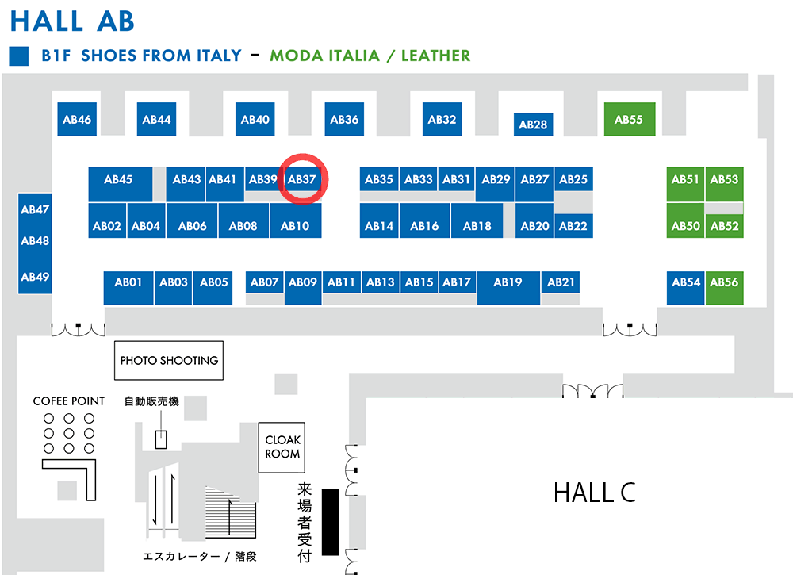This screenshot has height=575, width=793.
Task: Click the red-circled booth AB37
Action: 302,179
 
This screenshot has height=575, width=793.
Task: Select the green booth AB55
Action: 630,119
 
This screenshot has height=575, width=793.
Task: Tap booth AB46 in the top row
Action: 77,119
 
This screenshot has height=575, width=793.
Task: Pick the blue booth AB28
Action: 533,125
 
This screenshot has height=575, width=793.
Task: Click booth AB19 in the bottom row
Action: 508,288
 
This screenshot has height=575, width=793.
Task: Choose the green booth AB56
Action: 724,288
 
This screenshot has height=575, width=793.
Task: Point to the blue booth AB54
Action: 686,288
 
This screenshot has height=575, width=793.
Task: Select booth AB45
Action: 121,184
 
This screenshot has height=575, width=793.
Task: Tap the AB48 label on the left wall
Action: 35,241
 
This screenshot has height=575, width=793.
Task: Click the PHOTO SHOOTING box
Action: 169,361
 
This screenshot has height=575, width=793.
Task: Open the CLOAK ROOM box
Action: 282,447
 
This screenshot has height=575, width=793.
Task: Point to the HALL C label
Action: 594,493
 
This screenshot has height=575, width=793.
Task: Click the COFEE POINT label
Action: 69,401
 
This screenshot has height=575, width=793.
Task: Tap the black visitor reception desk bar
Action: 331,522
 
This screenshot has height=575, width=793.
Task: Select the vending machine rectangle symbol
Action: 161,439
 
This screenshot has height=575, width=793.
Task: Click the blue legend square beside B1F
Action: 19,56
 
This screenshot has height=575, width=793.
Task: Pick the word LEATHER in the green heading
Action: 435,56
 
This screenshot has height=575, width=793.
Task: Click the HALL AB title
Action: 72,21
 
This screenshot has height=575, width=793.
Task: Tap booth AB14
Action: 379,220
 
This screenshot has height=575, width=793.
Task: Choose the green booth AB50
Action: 685,220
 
